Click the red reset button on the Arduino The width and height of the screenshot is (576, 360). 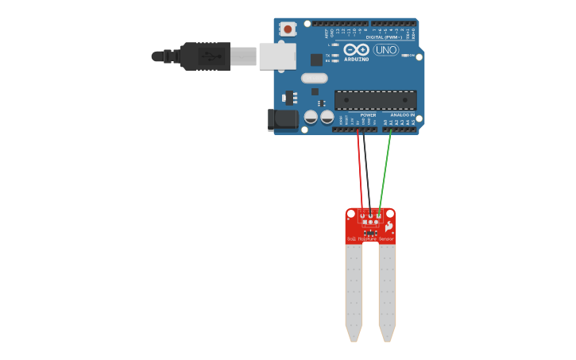click(x=287, y=29)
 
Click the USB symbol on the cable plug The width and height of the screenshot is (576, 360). click(x=209, y=56)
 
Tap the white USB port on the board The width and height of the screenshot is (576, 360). click(x=277, y=56)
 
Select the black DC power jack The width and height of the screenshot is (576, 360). click(x=283, y=120)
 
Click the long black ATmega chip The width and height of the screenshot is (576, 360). click(x=375, y=100)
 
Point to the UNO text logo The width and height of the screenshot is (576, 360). click(x=385, y=50)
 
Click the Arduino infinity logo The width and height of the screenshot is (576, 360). click(x=357, y=49)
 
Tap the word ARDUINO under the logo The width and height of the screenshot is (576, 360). click(x=357, y=59)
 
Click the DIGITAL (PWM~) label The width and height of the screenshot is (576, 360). click(x=384, y=37)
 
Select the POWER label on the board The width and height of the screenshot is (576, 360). click(x=368, y=115)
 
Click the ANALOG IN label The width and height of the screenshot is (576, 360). click(x=402, y=115)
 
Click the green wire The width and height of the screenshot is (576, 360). click(x=385, y=167)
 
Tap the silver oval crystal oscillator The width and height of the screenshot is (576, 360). click(x=315, y=78)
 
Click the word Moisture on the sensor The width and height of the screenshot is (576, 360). click(x=367, y=238)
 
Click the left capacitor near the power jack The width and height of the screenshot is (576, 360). click(x=311, y=118)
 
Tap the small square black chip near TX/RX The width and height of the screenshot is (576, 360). click(x=316, y=59)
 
